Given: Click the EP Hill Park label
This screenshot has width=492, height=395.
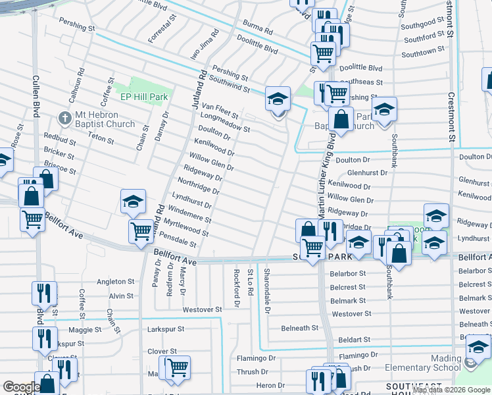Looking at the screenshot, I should (x=143, y=97).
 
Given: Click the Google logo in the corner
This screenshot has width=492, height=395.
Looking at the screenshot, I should (x=21, y=387).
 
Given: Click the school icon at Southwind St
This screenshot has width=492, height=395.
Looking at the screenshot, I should (x=278, y=99).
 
